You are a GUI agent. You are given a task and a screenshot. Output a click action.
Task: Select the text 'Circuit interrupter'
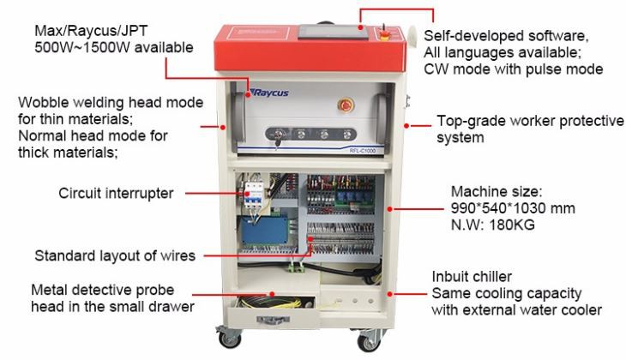tap(117, 194)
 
